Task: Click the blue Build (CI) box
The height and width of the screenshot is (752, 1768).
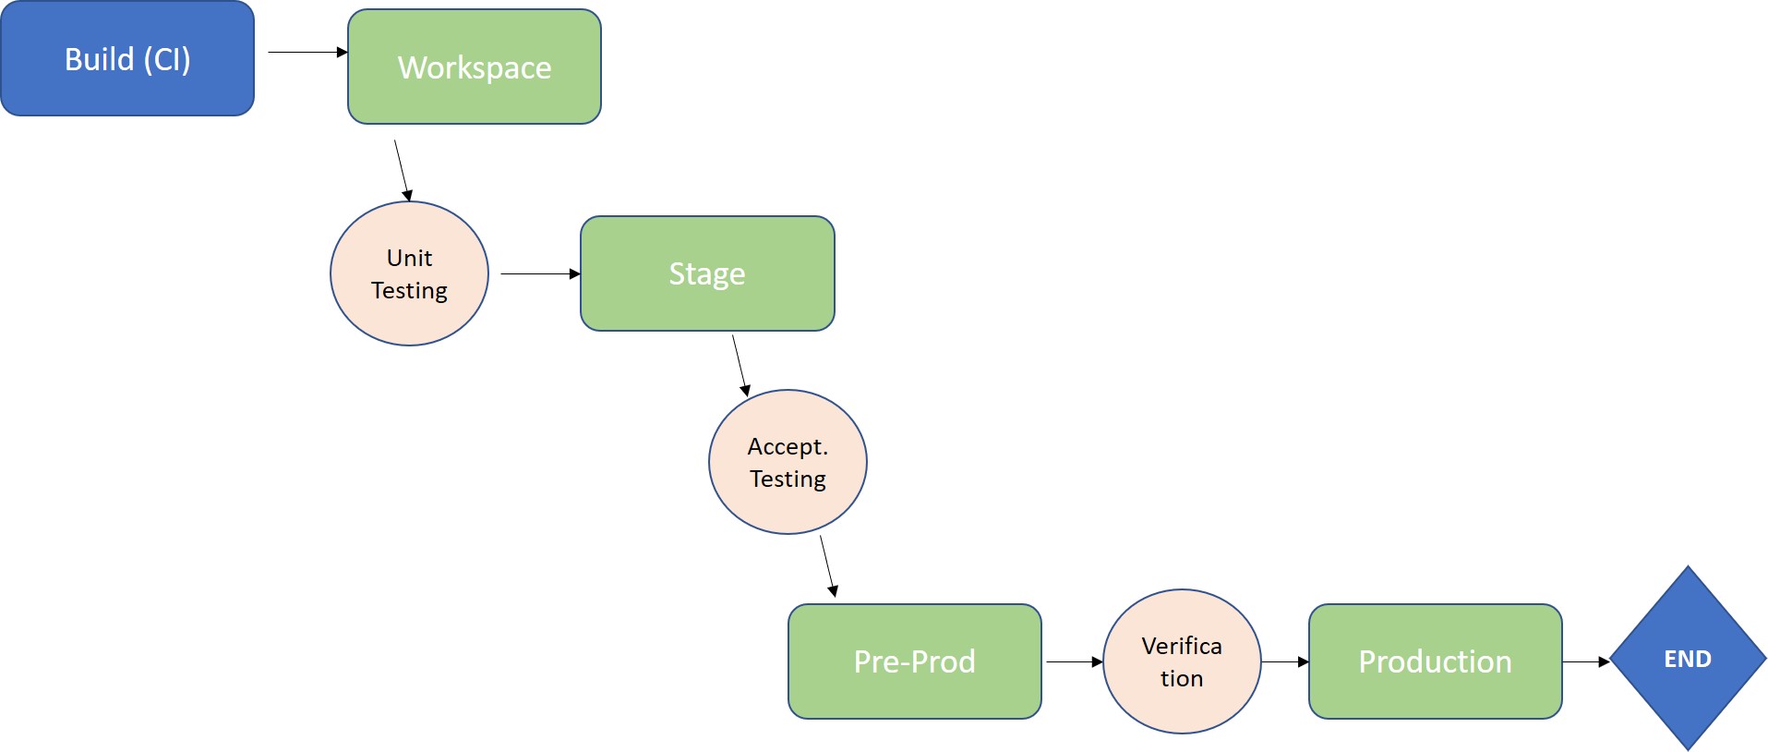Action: click(126, 59)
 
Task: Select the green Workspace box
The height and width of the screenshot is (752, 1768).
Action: click(474, 67)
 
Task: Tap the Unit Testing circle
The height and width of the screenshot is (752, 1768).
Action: click(409, 274)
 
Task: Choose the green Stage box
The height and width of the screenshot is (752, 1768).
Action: click(707, 273)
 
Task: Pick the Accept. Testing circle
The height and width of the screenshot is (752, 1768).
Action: click(788, 462)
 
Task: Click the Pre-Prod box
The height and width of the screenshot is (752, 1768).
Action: click(914, 661)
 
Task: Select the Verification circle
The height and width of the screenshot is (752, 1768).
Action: click(1182, 661)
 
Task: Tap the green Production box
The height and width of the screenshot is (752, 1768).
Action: click(1435, 661)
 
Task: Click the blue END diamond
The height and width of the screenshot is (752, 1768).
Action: click(1688, 659)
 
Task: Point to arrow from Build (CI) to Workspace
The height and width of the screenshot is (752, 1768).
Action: click(307, 53)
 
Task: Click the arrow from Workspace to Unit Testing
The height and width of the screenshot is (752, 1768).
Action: click(402, 170)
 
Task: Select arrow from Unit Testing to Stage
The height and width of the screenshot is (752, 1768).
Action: click(539, 273)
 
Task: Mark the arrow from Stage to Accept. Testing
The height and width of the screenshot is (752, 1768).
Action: click(740, 365)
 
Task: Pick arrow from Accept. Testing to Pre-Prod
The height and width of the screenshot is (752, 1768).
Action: click(827, 565)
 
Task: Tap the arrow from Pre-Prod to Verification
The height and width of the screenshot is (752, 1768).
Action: click(1073, 661)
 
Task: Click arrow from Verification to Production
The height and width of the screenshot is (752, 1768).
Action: click(1284, 661)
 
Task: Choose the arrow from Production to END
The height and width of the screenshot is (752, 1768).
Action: click(1585, 661)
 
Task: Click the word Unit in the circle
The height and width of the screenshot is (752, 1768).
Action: click(409, 258)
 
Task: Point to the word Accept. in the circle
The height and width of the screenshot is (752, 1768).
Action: click(788, 446)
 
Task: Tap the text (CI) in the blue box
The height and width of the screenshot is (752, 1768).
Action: click(167, 59)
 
